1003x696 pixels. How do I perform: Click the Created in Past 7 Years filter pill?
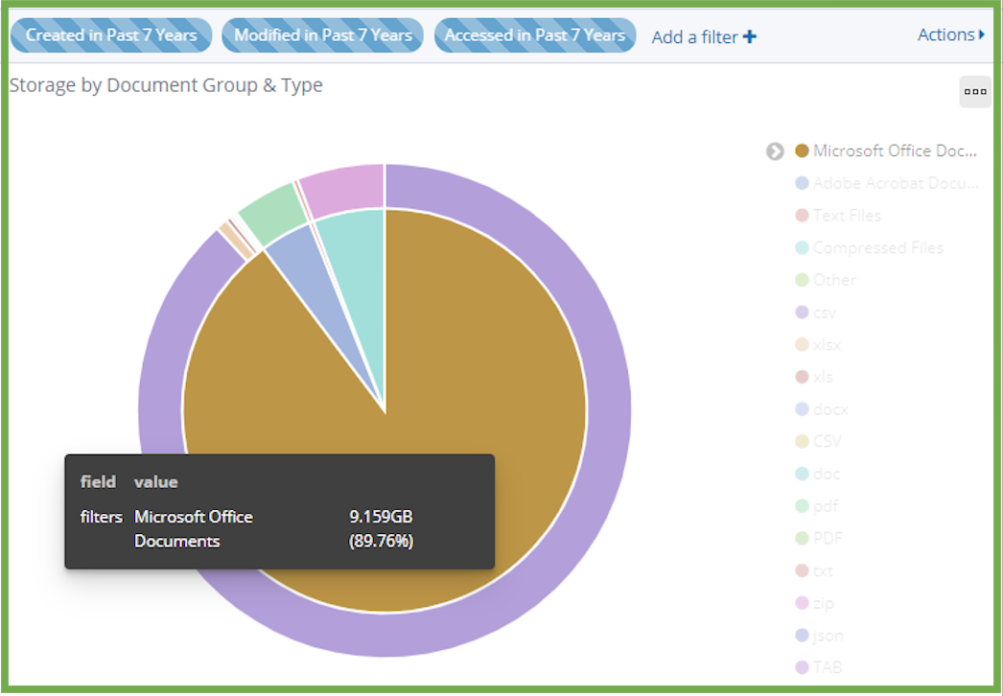[110, 35]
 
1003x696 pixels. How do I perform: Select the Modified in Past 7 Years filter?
[322, 35]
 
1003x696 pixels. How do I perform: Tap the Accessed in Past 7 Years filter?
[534, 35]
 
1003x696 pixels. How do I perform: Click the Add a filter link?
[704, 37]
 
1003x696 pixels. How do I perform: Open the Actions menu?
[950, 35]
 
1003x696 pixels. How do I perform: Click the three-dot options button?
[975, 92]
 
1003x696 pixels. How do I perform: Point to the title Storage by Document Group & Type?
[166, 85]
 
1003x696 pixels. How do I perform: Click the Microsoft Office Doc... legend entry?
[894, 151]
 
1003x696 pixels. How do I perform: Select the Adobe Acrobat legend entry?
[894, 183]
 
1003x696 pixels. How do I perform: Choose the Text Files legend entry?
[846, 216]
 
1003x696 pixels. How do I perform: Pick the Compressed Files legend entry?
[877, 248]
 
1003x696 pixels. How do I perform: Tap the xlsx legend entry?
[827, 345]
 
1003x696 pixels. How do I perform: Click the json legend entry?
[828, 636]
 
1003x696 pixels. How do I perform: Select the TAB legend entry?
[827, 667]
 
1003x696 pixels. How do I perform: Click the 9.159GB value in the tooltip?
[381, 517]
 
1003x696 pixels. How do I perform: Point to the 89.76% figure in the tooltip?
[381, 542]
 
